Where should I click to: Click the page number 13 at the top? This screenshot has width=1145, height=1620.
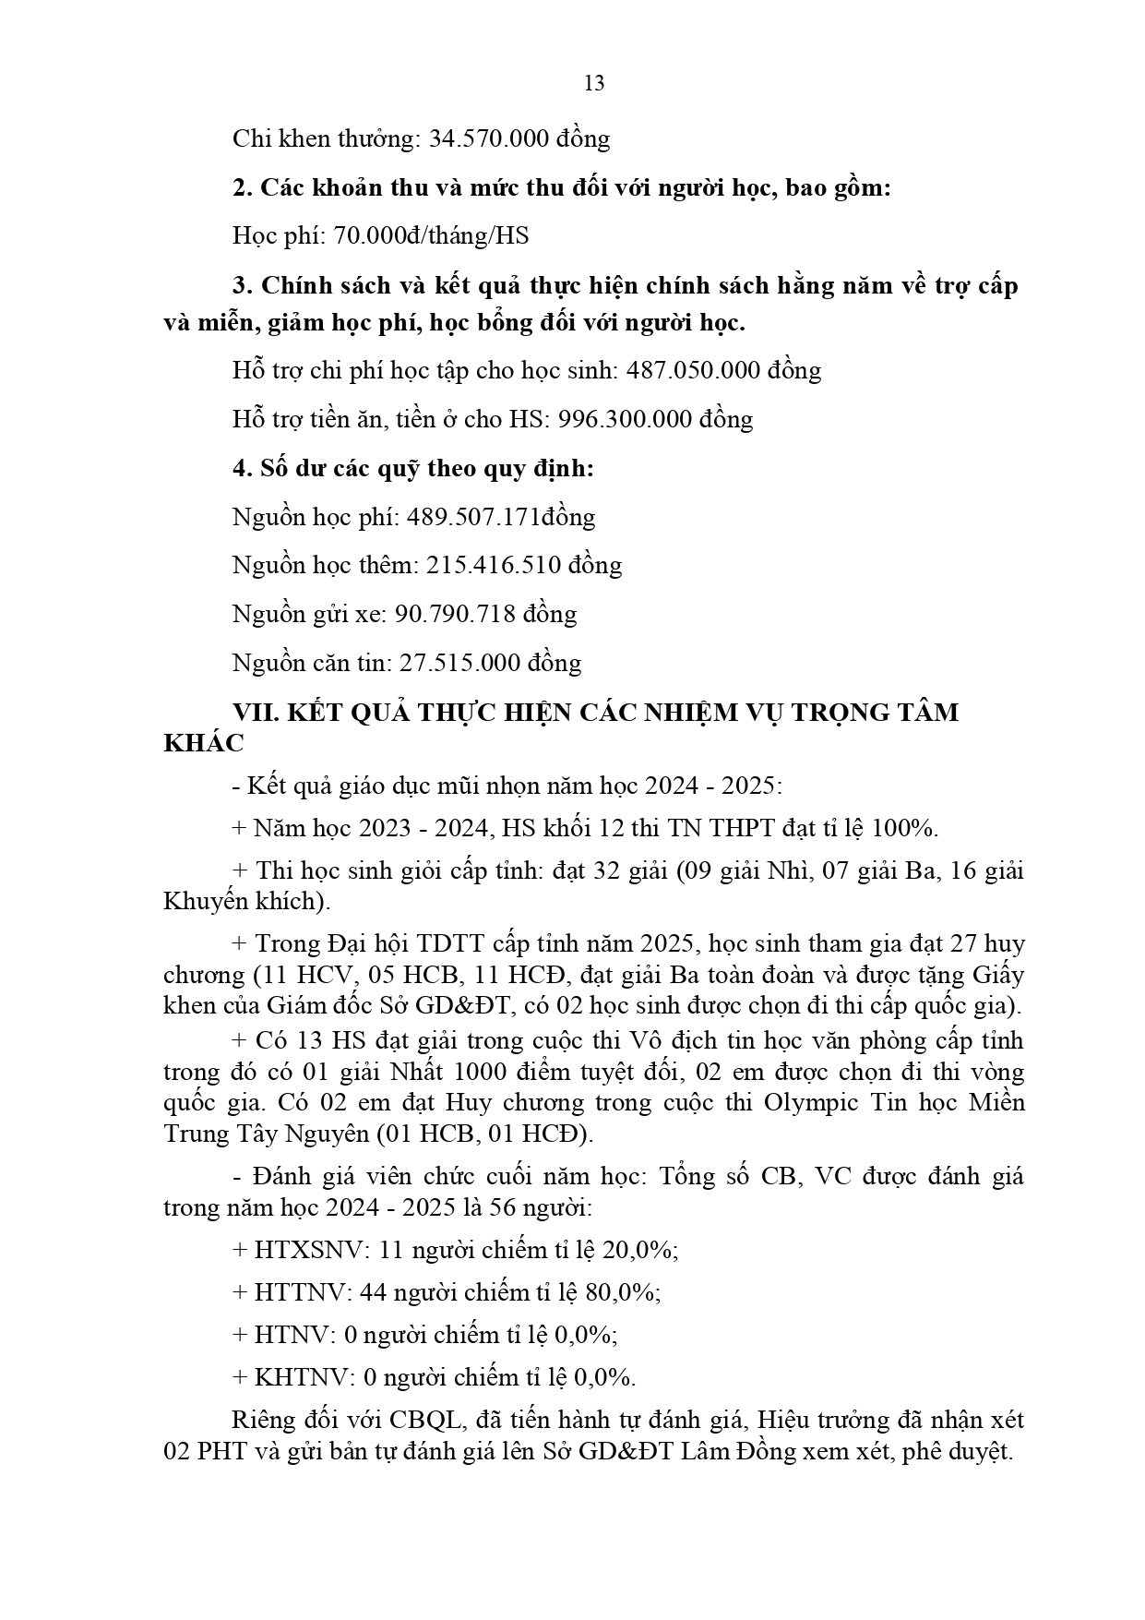click(594, 84)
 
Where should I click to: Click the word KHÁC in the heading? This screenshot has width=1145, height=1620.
click(204, 744)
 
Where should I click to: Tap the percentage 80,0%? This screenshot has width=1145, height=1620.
click(623, 1293)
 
